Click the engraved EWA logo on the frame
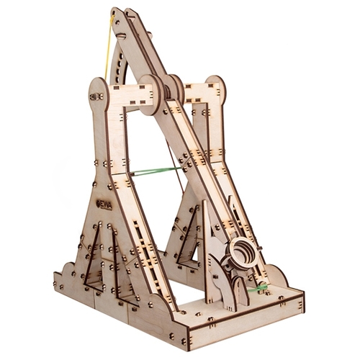[x=106, y=204]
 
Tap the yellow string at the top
[x=108, y=48]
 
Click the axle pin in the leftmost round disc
[x=96, y=96]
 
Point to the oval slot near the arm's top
[x=122, y=37]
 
